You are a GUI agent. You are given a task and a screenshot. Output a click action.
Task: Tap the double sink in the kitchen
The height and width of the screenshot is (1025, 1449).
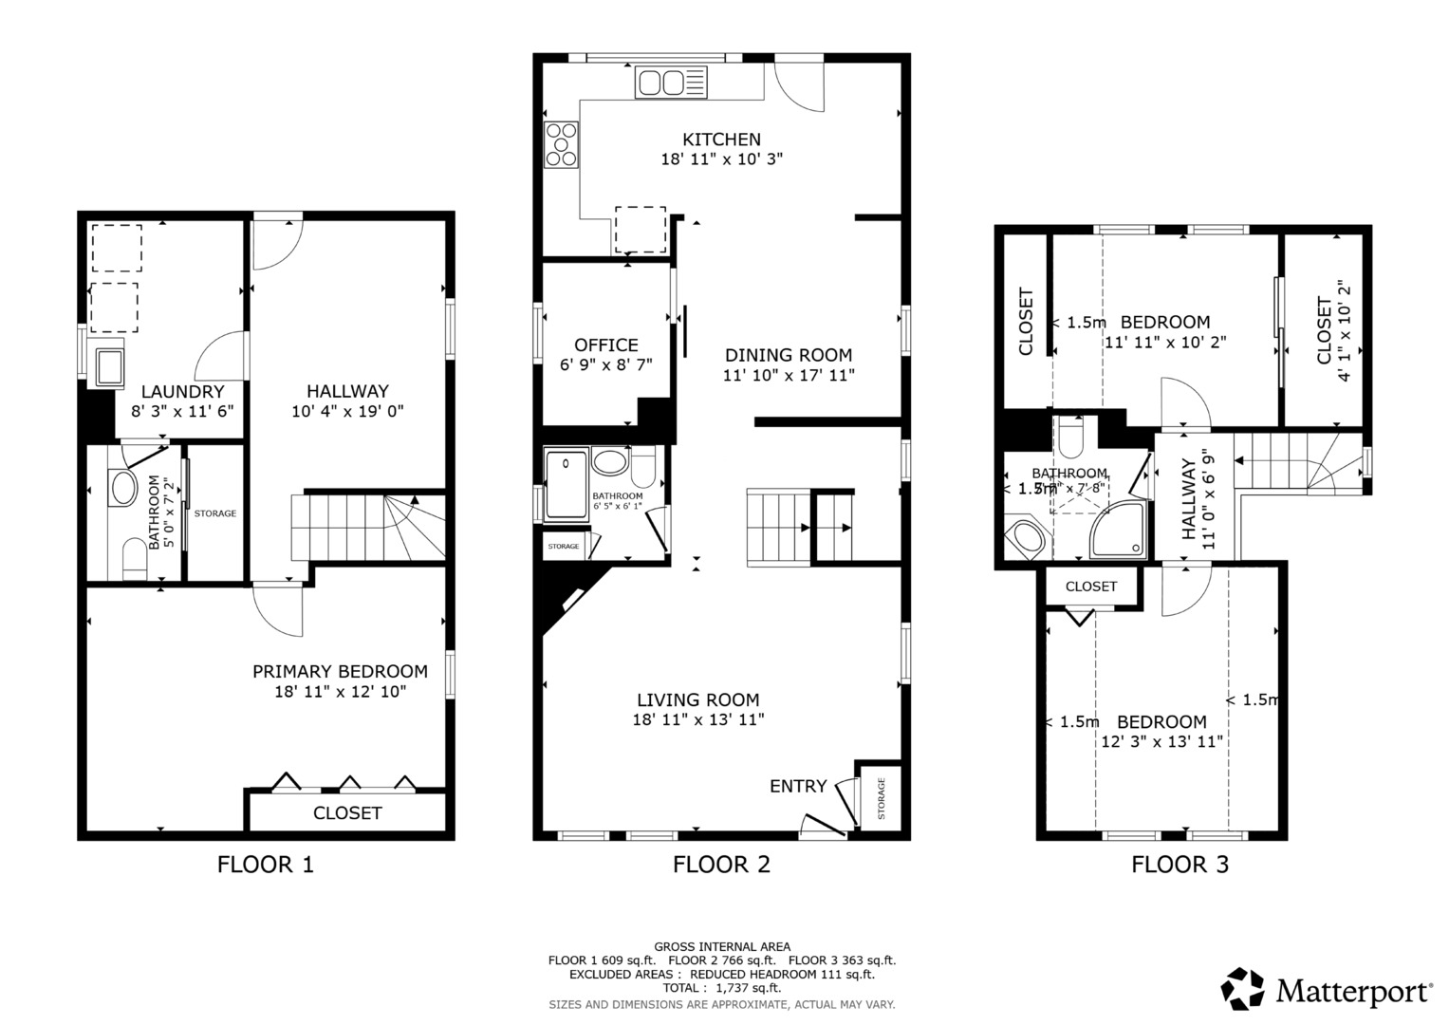click(x=671, y=82)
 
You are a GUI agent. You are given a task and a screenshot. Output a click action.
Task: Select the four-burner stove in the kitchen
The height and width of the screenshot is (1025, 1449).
click(x=561, y=145)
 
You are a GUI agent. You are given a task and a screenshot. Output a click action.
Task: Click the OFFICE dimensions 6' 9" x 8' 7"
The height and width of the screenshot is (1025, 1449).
click(x=605, y=364)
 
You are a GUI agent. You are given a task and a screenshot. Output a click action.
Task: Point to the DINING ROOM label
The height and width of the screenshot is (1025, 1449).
click(x=789, y=355)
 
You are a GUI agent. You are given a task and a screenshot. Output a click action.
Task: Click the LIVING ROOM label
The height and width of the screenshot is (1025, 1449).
click(x=697, y=700)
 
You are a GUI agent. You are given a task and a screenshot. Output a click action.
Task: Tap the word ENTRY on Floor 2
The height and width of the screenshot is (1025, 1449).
click(x=797, y=786)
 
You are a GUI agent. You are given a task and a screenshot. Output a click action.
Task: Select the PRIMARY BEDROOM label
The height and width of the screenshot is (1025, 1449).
click(x=340, y=671)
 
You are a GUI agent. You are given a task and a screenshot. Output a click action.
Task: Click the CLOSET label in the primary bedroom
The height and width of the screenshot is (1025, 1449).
click(x=347, y=813)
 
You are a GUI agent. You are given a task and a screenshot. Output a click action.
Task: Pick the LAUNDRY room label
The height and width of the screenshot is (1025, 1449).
click(x=182, y=392)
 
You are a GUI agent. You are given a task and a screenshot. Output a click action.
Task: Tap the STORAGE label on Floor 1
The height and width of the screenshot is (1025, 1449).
click(x=215, y=513)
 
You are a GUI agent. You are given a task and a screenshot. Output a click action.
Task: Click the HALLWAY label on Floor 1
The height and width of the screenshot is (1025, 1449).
click(x=347, y=391)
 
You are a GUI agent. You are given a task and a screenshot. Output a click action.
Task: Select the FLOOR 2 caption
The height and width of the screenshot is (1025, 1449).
click(x=721, y=865)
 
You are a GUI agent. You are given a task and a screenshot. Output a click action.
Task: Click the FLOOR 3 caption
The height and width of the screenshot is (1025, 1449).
click(x=1180, y=865)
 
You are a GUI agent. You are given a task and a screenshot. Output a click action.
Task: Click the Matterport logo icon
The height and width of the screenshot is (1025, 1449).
click(x=1242, y=990)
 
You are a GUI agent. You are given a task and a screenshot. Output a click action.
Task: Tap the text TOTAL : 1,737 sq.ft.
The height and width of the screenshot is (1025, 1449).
click(x=721, y=988)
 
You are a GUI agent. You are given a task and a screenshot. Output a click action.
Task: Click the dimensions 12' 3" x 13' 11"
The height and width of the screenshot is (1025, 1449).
click(x=1161, y=742)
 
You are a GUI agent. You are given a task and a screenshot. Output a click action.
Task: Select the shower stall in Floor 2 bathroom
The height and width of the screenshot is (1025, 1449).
click(x=566, y=485)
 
